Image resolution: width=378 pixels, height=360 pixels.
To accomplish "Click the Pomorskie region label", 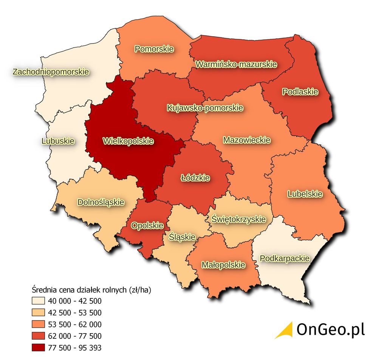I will (154, 49).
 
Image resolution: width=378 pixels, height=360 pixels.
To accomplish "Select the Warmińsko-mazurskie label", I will (236, 64).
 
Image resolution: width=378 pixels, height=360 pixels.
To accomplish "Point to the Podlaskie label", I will (300, 92).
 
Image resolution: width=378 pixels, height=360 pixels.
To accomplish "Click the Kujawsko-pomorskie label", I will (204, 108).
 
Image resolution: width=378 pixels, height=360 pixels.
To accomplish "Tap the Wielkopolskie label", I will (128, 141).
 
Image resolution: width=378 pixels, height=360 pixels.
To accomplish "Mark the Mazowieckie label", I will (246, 140).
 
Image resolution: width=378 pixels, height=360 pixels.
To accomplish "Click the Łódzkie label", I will (195, 177).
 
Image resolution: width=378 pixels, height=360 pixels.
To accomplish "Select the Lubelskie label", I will (305, 194).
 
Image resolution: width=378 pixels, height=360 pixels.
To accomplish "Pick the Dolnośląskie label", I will (101, 202).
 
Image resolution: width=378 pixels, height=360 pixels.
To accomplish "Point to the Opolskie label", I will (147, 226).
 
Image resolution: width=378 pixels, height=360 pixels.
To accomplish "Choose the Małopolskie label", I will (223, 264).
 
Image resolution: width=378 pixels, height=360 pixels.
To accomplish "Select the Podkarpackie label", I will (285, 259).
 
